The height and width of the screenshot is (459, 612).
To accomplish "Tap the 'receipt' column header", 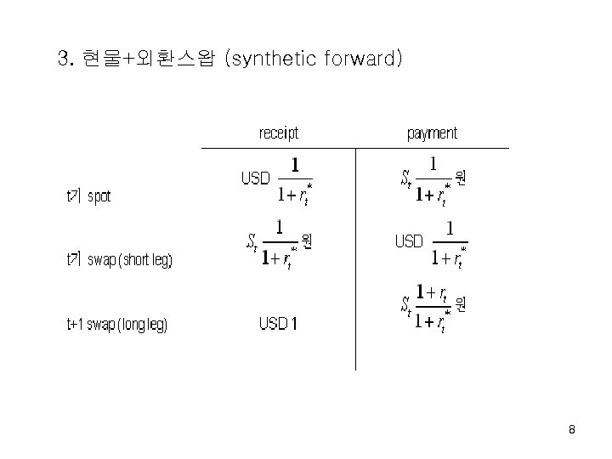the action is (278, 133).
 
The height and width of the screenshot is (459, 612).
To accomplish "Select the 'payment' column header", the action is (432, 133).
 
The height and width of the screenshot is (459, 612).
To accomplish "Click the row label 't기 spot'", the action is (88, 196).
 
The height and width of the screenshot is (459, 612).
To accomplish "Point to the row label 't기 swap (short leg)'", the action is (119, 260).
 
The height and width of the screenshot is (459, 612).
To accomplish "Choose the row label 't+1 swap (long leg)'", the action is (116, 324).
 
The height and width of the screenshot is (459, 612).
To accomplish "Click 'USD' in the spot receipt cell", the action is (255, 178).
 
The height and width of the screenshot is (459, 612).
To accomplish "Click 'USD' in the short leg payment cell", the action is (408, 242).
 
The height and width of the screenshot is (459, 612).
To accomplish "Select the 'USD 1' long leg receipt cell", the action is (278, 324).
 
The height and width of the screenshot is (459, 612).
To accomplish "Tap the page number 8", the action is (572, 430).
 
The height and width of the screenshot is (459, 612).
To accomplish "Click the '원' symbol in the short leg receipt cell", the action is (307, 242).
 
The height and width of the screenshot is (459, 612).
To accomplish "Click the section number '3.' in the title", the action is (65, 59).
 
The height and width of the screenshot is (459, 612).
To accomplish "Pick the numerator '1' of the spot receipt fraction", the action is (295, 165).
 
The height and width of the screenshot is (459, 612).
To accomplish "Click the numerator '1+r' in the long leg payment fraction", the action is (433, 292).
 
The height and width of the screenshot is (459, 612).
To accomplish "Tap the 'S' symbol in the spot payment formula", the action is (405, 178).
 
